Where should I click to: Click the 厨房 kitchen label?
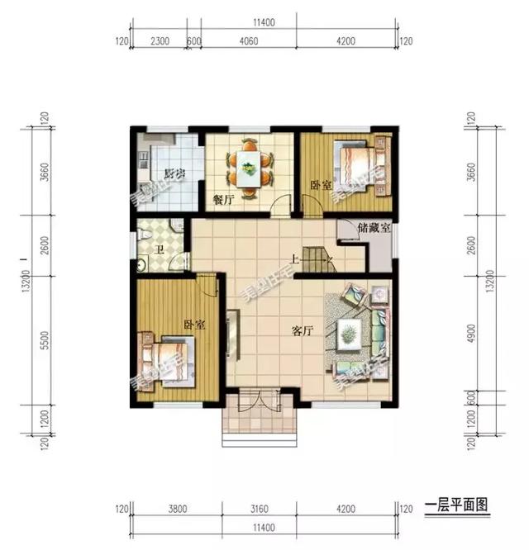173,173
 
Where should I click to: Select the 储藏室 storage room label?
374,228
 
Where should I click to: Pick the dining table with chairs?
250,167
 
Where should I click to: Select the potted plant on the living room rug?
350,333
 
